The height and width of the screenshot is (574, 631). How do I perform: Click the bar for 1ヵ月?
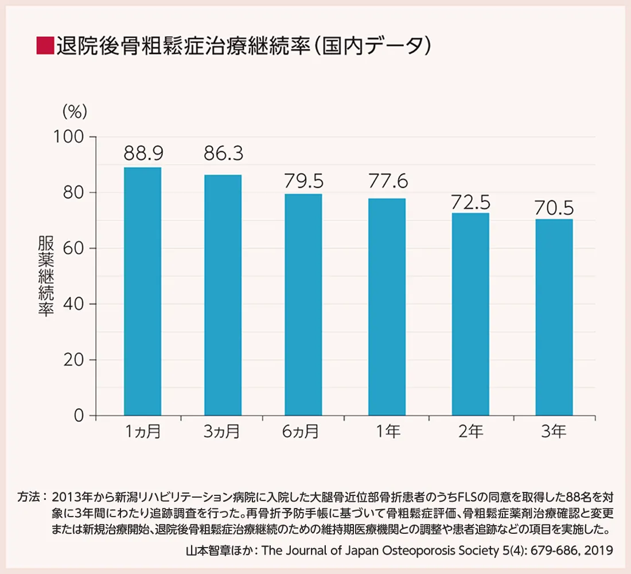[143, 291]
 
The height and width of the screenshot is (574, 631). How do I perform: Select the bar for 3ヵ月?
[223, 295]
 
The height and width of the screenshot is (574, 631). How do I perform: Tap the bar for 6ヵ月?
[303, 304]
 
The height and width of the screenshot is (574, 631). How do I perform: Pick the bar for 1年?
[387, 307]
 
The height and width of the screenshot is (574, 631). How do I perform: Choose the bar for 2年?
[470, 314]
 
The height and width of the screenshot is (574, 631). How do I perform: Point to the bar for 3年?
[554, 317]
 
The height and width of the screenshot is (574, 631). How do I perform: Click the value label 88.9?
[143, 154]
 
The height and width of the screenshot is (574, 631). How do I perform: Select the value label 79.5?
[303, 181]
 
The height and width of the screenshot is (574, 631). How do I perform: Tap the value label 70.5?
[554, 207]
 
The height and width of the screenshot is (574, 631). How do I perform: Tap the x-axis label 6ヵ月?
[300, 432]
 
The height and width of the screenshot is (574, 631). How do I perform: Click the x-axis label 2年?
[470, 432]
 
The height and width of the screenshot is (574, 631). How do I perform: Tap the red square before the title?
[44, 45]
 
